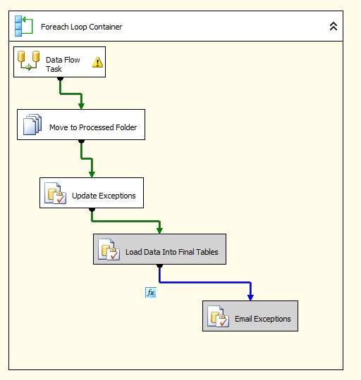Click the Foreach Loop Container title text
tap(81, 27)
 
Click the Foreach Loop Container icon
tap(23, 27)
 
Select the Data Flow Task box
tap(60, 62)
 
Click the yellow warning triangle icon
tap(97, 63)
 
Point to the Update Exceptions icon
tap(55, 194)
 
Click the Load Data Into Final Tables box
tap(159, 250)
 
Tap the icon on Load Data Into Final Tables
tap(108, 250)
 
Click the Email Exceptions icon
tap(218, 317)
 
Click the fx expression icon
tap(150, 292)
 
